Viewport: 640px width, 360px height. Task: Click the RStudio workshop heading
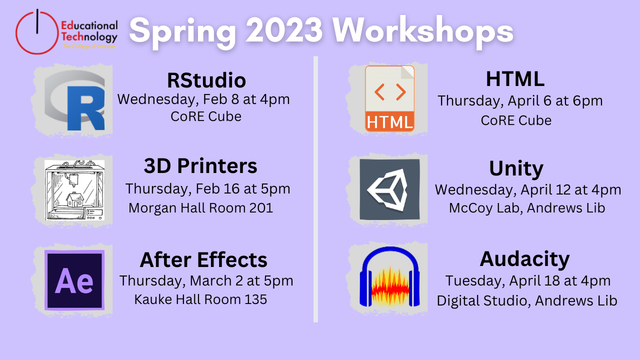click(206, 80)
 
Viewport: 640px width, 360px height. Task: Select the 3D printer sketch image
click(74, 190)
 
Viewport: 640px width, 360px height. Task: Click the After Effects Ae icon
click(74, 280)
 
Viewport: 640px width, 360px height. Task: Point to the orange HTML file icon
click(389, 98)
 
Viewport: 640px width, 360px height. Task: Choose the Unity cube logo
click(389, 189)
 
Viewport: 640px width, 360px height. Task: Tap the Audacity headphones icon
click(390, 279)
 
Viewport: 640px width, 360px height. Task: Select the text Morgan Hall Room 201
click(200, 208)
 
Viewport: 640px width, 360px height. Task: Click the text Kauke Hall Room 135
click(200, 299)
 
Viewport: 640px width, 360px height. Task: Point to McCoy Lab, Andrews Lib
click(527, 208)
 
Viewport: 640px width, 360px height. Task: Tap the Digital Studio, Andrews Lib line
click(527, 300)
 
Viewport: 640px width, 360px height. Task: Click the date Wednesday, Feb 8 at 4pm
click(203, 99)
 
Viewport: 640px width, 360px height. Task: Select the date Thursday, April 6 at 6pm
click(520, 100)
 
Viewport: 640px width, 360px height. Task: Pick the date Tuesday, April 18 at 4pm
click(528, 280)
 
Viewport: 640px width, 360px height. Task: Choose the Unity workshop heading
click(516, 169)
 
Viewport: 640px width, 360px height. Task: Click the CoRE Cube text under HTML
click(516, 120)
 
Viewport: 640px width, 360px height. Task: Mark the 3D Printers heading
click(200, 166)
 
